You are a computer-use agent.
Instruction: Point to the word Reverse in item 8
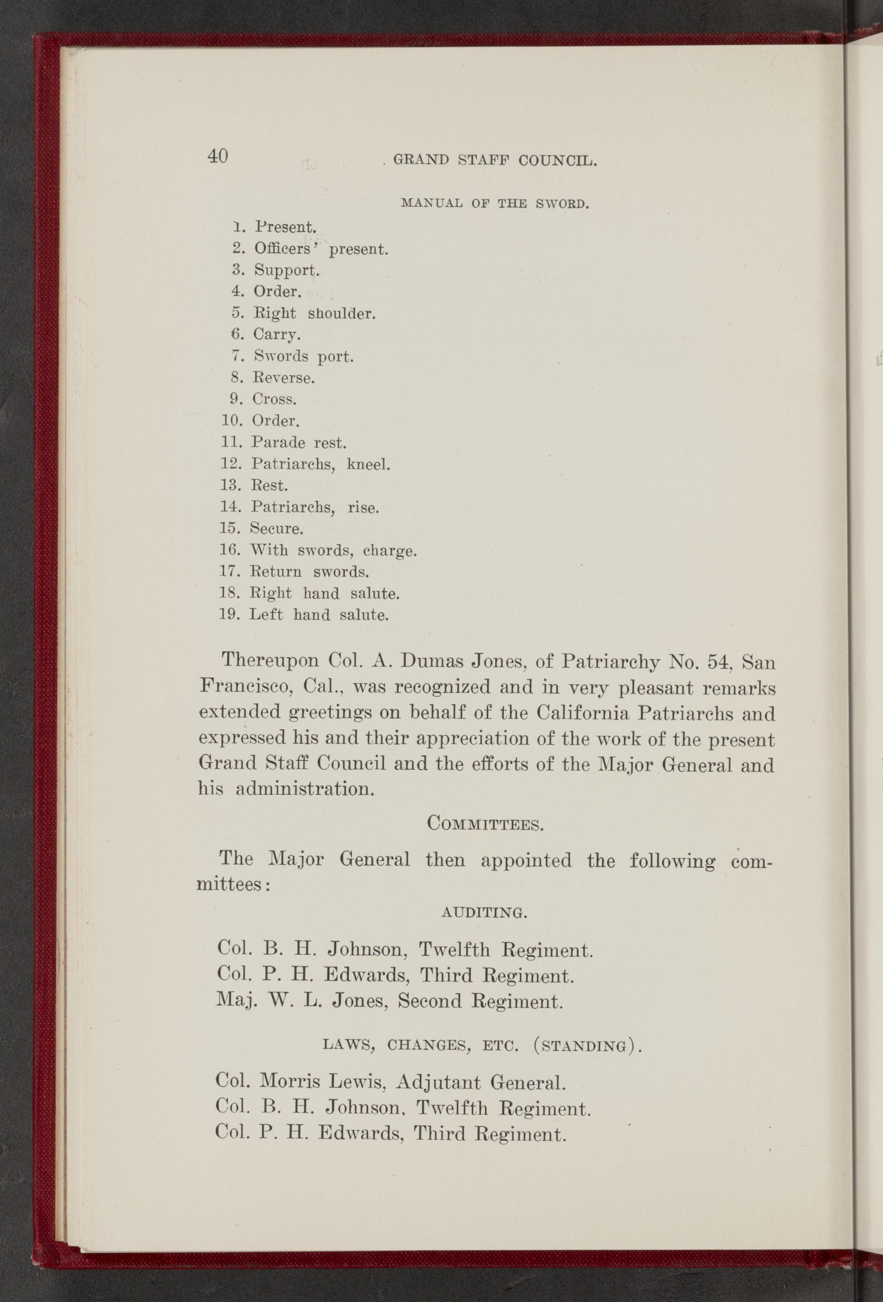point(284,378)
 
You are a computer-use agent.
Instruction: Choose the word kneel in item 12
point(368,465)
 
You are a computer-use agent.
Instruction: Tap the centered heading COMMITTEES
point(484,824)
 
